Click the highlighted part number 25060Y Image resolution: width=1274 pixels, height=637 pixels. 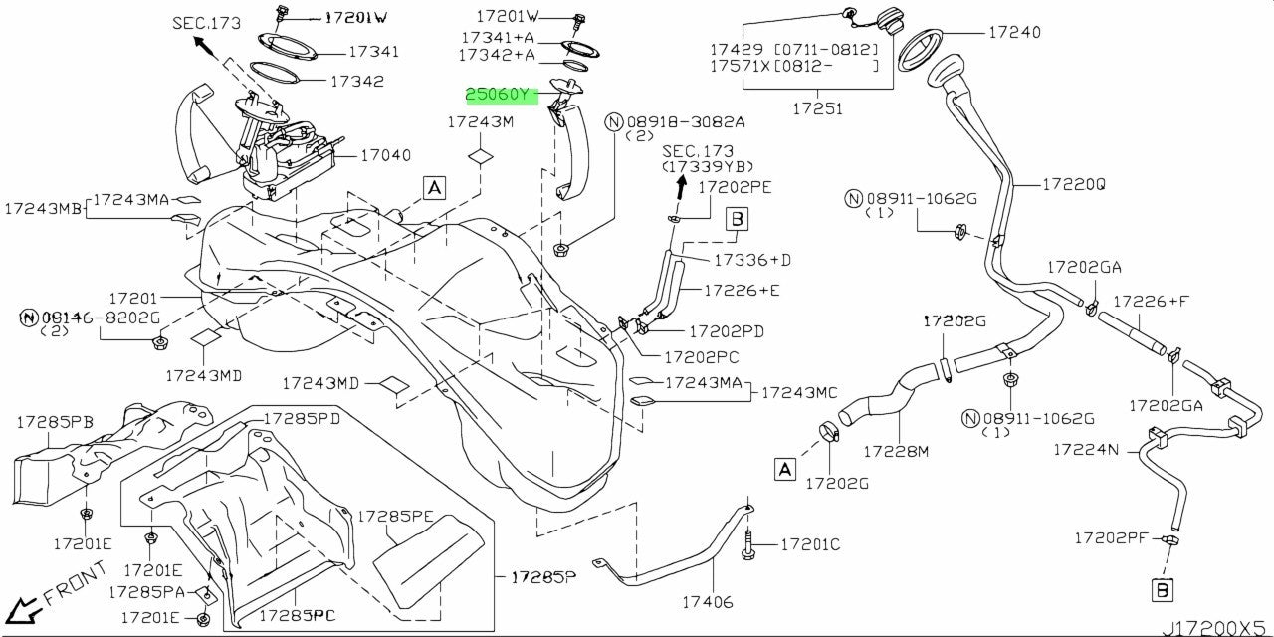pyautogui.click(x=502, y=96)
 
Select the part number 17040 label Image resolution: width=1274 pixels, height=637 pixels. pyautogui.click(x=385, y=156)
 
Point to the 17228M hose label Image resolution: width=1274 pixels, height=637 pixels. pyautogui.click(x=895, y=452)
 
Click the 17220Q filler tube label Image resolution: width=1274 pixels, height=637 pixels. pyautogui.click(x=1074, y=185)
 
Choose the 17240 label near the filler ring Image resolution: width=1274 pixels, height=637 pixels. pyautogui.click(x=1014, y=33)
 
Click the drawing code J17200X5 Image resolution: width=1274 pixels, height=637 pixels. pyautogui.click(x=1215, y=627)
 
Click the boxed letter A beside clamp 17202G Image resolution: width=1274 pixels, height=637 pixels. pyautogui.click(x=785, y=469)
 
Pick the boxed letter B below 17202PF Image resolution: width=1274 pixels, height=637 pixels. pyautogui.click(x=1162, y=590)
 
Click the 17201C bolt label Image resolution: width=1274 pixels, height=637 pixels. pyautogui.click(x=810, y=544)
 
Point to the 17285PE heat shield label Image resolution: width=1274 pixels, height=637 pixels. pyautogui.click(x=395, y=517)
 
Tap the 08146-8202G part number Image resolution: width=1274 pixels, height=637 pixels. pyautogui.click(x=99, y=317)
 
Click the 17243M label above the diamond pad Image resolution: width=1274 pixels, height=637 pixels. pyautogui.click(x=480, y=123)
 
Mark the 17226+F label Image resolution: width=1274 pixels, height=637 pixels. pyautogui.click(x=1151, y=301)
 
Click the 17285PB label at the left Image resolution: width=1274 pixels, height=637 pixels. pyautogui.click(x=55, y=422)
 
